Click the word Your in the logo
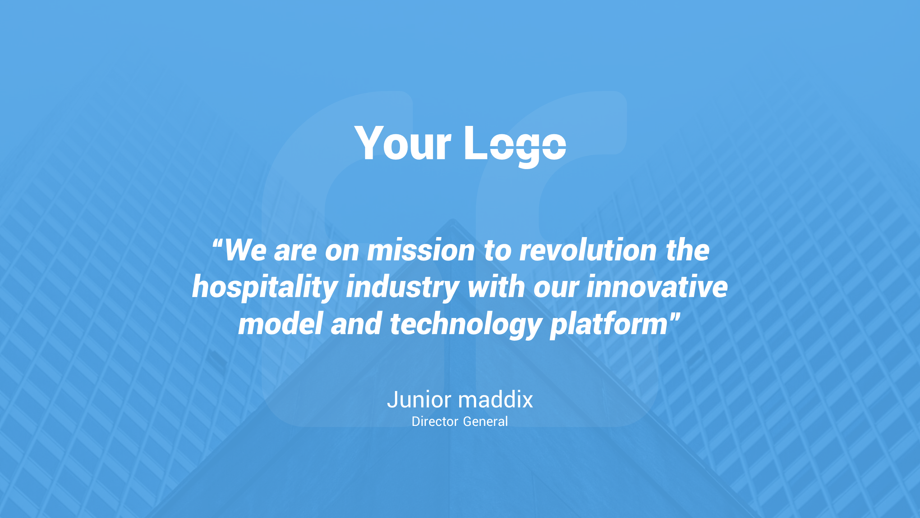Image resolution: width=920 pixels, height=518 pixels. [x=403, y=144]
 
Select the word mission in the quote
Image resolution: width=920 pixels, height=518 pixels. [x=421, y=251]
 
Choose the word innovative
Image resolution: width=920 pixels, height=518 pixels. [x=657, y=287]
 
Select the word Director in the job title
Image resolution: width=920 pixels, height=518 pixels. [x=435, y=422]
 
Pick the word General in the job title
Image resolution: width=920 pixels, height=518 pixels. [x=486, y=422]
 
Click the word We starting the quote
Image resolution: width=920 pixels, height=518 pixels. [x=245, y=251]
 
